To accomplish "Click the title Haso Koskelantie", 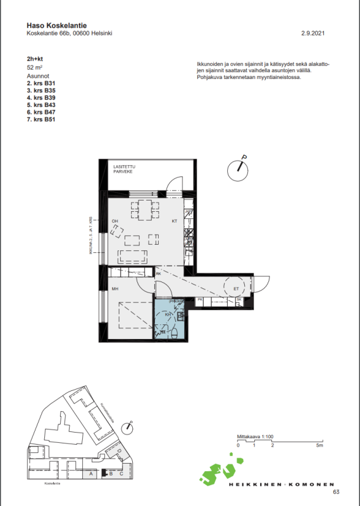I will tap(56, 25).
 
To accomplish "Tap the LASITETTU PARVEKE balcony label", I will tap(123, 169).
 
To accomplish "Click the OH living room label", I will tap(115, 221).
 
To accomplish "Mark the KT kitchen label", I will tap(175, 221).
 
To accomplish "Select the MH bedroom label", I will tap(116, 289).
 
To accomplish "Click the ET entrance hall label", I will tap(237, 289).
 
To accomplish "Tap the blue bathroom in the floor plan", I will tap(169, 319).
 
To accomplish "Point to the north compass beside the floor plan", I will tap(238, 167).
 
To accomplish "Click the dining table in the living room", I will tap(145, 209).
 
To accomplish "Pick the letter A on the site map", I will tap(92, 473).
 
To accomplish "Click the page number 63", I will tap(336, 492).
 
